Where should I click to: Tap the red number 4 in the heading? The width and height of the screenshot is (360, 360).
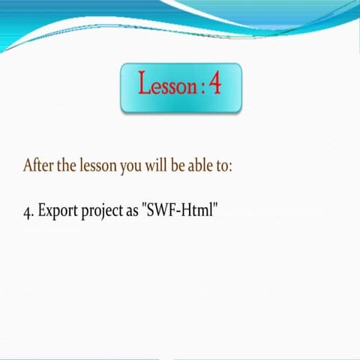(216, 84)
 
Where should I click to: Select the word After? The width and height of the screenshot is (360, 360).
(38, 165)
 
